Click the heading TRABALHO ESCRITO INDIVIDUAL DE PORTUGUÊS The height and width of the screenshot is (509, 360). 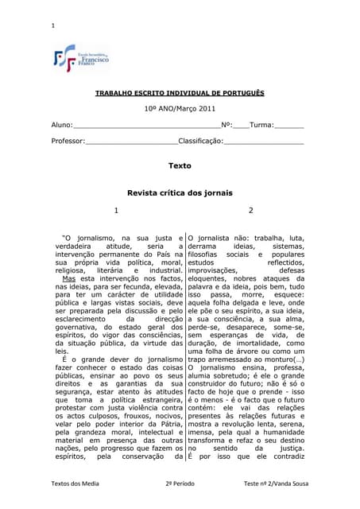pyautogui.click(x=180, y=93)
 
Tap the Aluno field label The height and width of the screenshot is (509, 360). pyautogui.click(x=61, y=125)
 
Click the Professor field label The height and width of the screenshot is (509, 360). pyautogui.click(x=68, y=141)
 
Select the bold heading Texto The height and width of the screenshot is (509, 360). pyautogui.click(x=180, y=166)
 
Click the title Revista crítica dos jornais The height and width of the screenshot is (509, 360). pyautogui.click(x=180, y=193)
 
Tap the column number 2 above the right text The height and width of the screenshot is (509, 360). pyautogui.click(x=250, y=210)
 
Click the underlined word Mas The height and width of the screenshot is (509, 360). pyautogui.click(x=69, y=280)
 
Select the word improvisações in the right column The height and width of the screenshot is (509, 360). pyautogui.click(x=220, y=270)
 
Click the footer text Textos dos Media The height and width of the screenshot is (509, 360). pyautogui.click(x=75, y=484)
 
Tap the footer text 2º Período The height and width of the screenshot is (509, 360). pyautogui.click(x=180, y=484)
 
